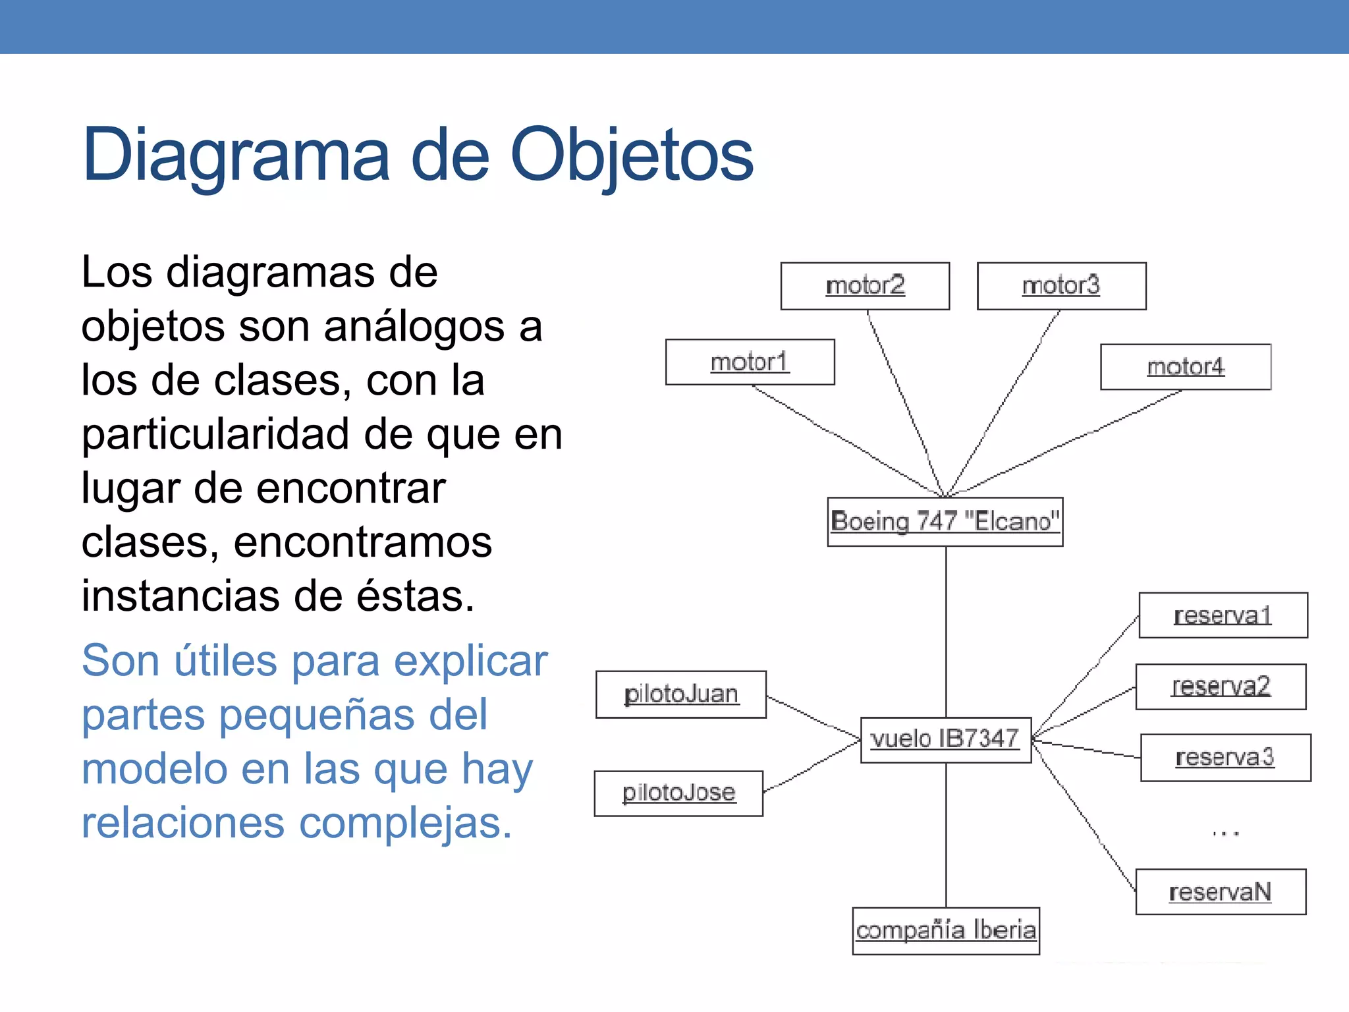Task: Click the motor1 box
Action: click(750, 362)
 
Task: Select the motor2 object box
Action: click(865, 286)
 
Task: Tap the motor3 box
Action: click(1061, 286)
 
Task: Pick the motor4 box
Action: click(1185, 367)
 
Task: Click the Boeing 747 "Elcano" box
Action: click(945, 521)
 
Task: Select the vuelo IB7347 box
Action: click(945, 739)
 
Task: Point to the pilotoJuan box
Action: click(680, 694)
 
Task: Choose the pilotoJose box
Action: click(678, 793)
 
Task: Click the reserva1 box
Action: click(1223, 615)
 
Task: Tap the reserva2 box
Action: click(1221, 687)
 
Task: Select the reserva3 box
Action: click(1225, 758)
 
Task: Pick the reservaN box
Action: click(1221, 892)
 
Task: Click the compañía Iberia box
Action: click(946, 930)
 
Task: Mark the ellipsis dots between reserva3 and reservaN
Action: click(1225, 833)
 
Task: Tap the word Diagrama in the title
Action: click(236, 155)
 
